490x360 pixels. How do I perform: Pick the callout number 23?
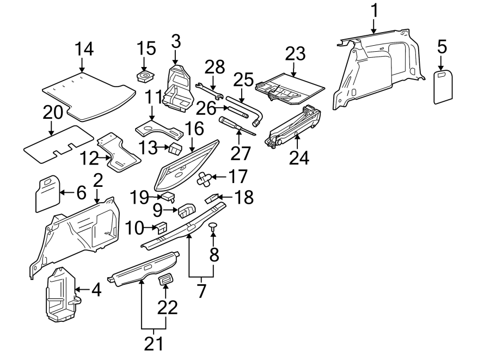(296, 54)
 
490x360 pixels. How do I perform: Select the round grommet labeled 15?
(145, 75)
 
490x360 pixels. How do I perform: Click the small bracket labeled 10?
(162, 228)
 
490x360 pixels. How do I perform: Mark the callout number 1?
(374, 10)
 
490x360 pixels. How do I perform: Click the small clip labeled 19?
(168, 196)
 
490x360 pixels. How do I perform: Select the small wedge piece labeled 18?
(214, 197)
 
